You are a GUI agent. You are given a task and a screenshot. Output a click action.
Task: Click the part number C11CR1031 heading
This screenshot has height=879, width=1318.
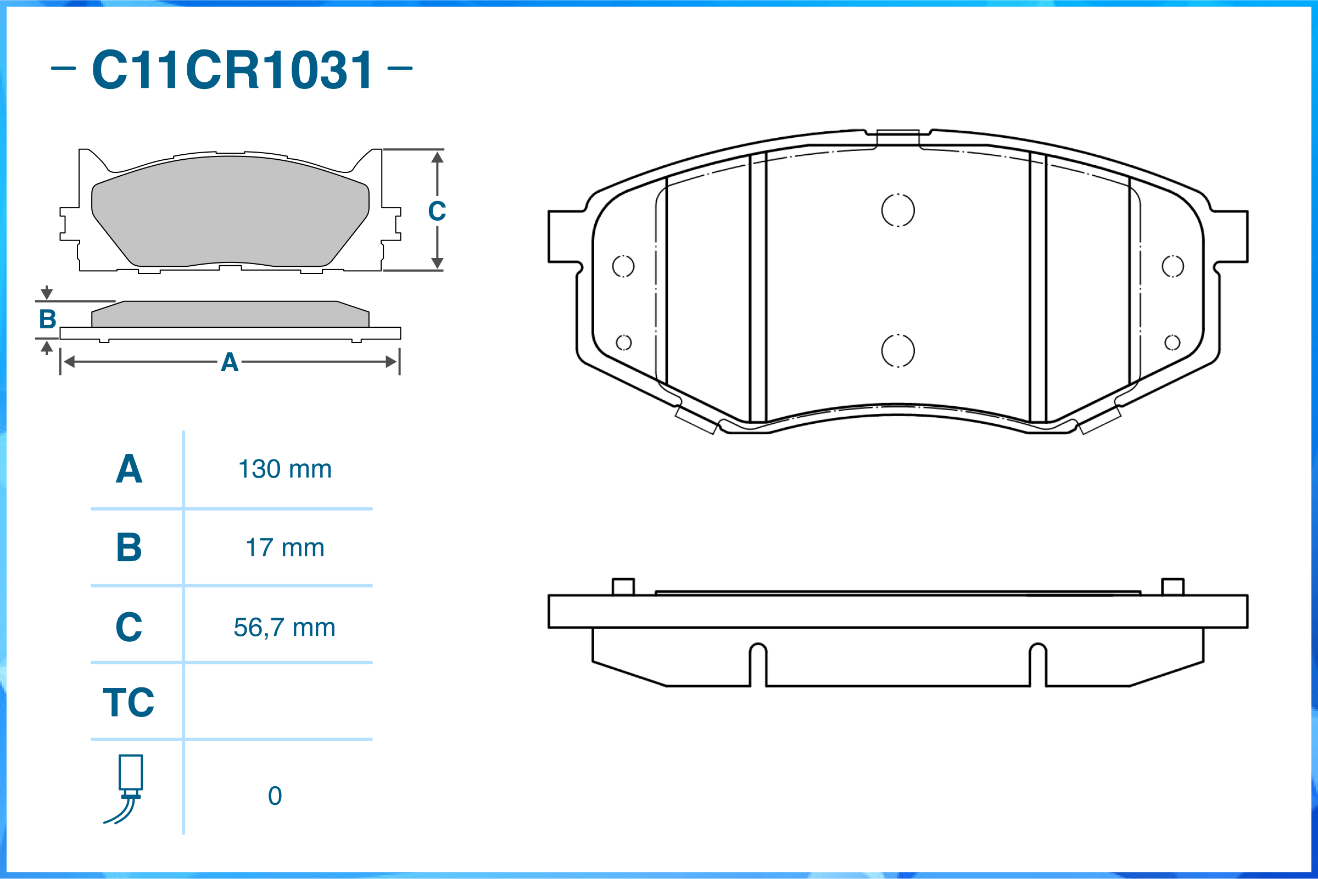232,70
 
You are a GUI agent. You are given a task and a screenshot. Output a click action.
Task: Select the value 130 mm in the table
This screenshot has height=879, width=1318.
285,469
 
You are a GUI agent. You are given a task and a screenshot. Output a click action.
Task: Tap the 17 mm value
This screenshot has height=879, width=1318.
285,548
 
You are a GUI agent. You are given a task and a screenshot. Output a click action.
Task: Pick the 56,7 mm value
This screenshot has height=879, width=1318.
285,628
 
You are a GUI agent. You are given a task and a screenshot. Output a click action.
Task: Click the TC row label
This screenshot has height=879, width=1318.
129,702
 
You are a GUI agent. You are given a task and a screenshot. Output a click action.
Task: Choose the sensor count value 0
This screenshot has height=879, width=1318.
275,796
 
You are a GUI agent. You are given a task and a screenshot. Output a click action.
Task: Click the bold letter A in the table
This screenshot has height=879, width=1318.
129,469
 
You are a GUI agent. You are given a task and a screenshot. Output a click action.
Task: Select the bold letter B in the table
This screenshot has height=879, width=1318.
129,547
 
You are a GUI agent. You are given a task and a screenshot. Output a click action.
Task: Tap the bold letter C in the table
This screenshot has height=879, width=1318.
129,627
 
